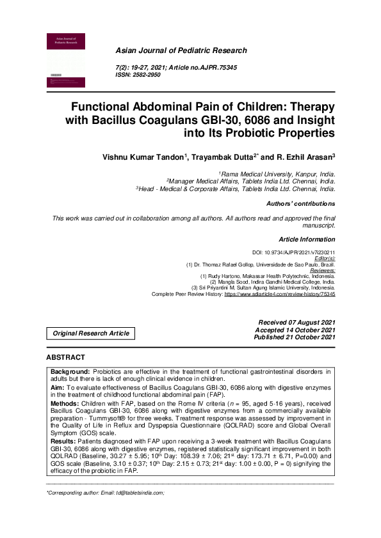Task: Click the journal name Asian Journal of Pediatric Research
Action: click(181, 50)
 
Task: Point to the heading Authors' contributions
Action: click(300, 204)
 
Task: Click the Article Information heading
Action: click(307, 239)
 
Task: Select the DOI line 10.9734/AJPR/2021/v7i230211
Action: click(293, 254)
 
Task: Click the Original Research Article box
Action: click(91, 333)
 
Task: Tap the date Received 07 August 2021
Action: click(296, 323)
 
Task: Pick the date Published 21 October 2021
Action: click(294, 337)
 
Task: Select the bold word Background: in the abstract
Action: click(70, 371)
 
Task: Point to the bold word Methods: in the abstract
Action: click(66, 404)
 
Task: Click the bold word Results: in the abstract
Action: click(63, 441)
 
